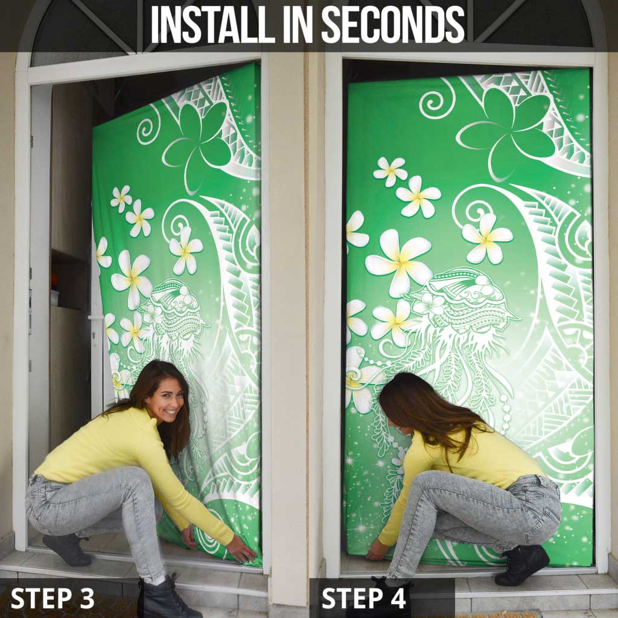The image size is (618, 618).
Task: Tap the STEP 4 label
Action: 364,598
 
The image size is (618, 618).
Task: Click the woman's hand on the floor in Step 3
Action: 241,550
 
